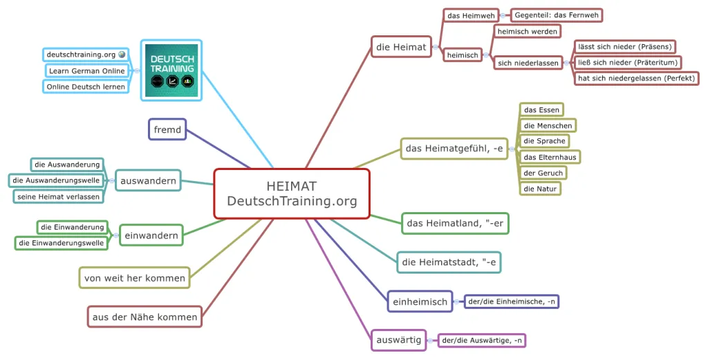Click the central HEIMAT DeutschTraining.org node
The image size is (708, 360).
[x=292, y=193]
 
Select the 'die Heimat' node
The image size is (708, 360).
[x=401, y=47]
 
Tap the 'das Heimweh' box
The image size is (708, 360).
[x=465, y=15]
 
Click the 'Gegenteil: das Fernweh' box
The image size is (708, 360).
[x=556, y=15]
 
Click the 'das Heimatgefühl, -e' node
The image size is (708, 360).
[x=454, y=148]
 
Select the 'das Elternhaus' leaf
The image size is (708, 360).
[x=550, y=157]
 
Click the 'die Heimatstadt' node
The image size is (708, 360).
[x=449, y=262]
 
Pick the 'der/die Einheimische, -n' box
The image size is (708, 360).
[x=512, y=301]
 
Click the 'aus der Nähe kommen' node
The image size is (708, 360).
[x=145, y=317]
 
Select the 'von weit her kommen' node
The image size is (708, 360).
[x=135, y=278]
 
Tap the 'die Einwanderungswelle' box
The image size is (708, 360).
[x=62, y=243]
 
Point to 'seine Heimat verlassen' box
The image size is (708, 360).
[x=59, y=196]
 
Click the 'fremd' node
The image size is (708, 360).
[x=167, y=129]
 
